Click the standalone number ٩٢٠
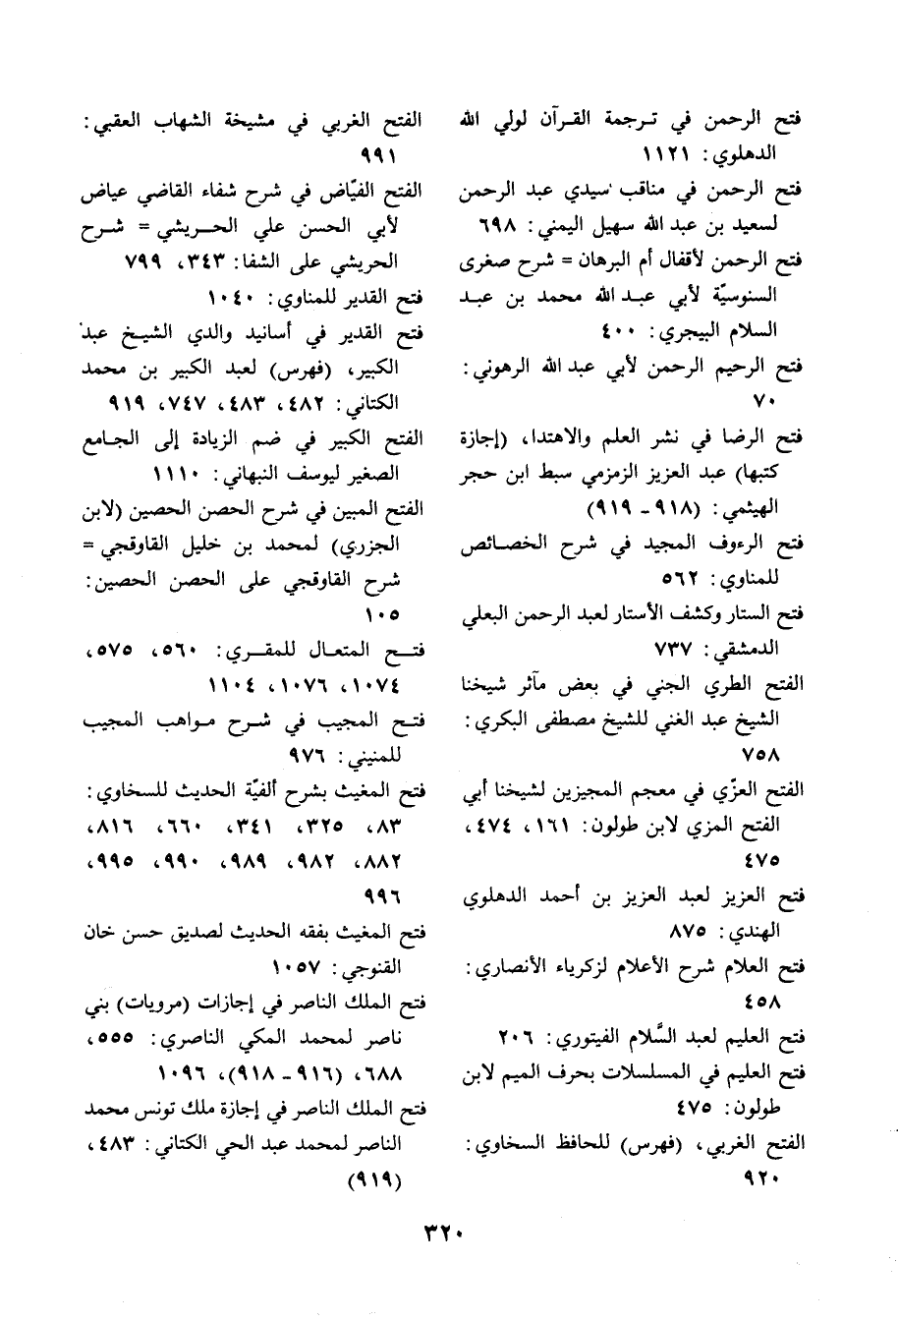coord(778,1177)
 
